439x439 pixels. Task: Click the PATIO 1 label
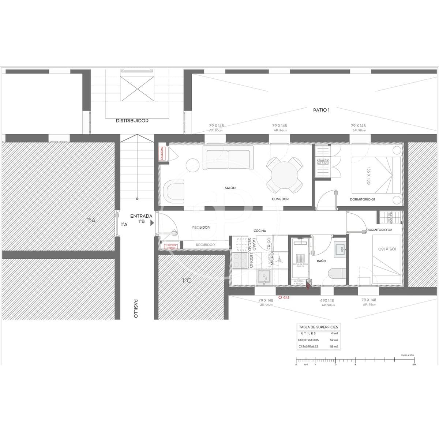coord(321,110)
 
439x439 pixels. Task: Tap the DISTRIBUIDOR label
coord(132,121)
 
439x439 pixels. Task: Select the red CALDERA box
coord(162,154)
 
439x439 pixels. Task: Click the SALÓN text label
coord(230,188)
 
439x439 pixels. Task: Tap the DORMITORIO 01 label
coord(362,199)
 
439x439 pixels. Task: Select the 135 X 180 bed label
coord(368,176)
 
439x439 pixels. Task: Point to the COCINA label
coord(260,231)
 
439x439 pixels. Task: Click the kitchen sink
coord(263,277)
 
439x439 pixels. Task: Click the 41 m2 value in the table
coord(334,334)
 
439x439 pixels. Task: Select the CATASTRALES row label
coord(308,346)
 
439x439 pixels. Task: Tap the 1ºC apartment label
coord(187,281)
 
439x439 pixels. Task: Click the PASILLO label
coord(136,308)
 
